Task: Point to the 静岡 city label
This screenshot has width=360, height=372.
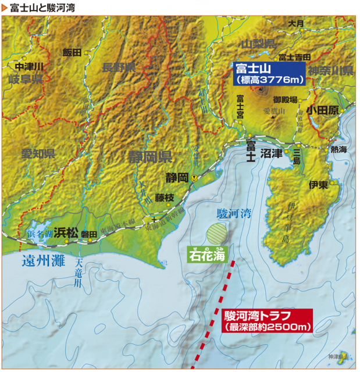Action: pyautogui.click(x=176, y=177)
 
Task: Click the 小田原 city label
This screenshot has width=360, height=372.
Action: pyautogui.click(x=323, y=109)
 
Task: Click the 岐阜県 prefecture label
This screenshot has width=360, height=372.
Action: pyautogui.click(x=26, y=78)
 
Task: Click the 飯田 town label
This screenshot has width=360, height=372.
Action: pyautogui.click(x=73, y=52)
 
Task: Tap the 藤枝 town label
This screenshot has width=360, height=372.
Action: pyautogui.click(x=165, y=198)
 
